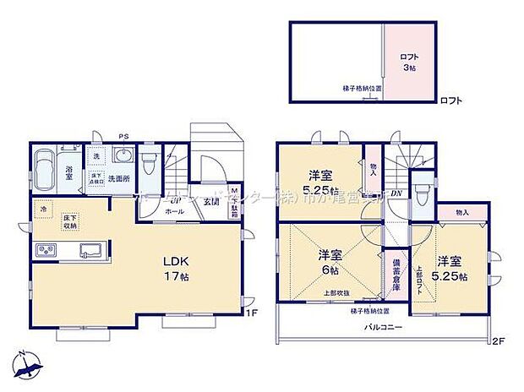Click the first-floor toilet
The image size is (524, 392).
(x=149, y=159)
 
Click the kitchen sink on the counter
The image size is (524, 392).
(x=90, y=250)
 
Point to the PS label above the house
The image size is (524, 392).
(x=124, y=136)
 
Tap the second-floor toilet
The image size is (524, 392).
(x=422, y=188)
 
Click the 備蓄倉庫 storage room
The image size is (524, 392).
(x=395, y=275)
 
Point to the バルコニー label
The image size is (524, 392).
(x=385, y=326)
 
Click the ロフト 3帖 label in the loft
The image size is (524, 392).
(x=409, y=62)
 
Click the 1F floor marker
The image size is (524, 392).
(x=251, y=313)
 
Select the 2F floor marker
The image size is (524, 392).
(x=498, y=340)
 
